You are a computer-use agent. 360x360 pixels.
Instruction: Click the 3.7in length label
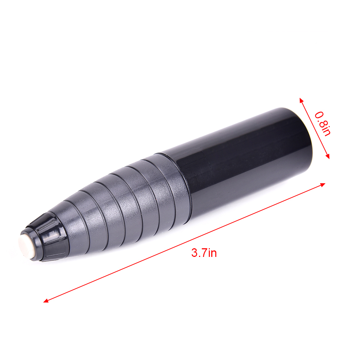(204, 253)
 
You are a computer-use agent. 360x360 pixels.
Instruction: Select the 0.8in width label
(322, 124)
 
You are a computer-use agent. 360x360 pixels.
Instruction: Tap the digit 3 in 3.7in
(194, 253)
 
